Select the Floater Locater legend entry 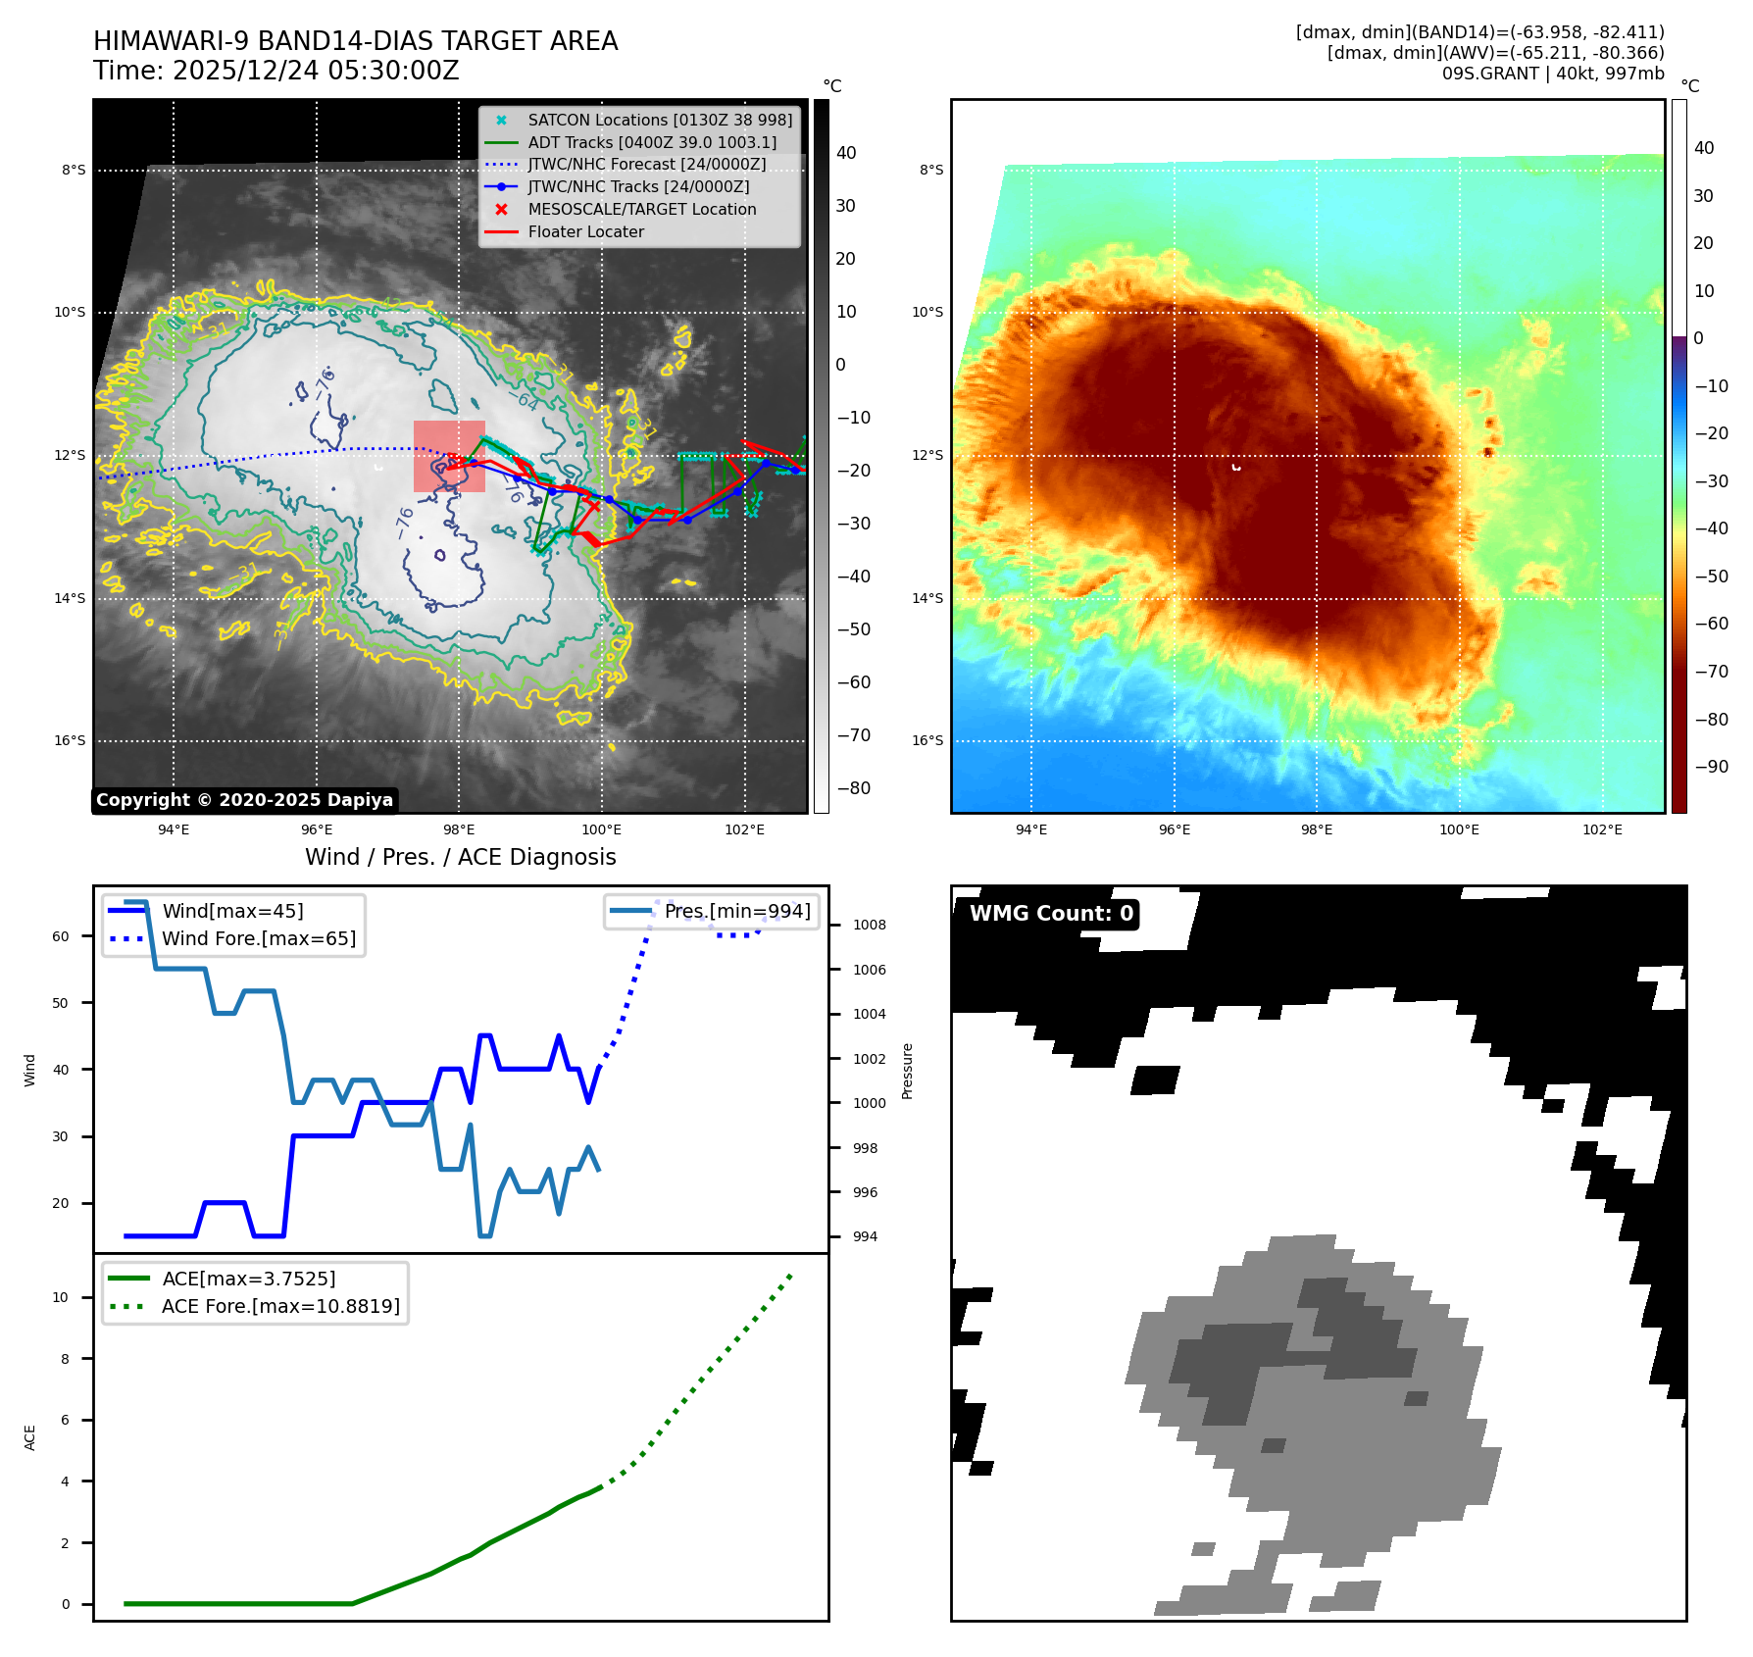(585, 232)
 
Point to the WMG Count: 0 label (1050, 914)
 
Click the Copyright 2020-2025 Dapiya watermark (244, 800)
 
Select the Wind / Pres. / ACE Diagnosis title (460, 857)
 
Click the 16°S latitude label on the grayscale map (70, 740)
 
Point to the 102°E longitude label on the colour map (1602, 829)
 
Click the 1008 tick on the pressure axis (869, 925)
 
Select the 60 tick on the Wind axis (61, 936)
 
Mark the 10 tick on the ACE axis (61, 1297)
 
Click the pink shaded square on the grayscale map (449, 456)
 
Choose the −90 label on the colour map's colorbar (1712, 767)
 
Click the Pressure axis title (907, 1071)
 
